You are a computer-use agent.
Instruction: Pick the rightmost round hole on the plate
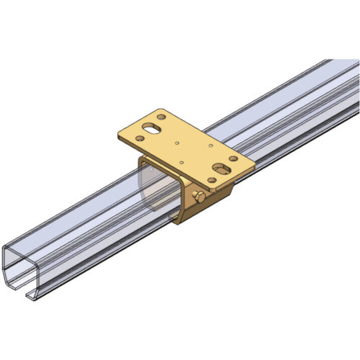tap(233, 158)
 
